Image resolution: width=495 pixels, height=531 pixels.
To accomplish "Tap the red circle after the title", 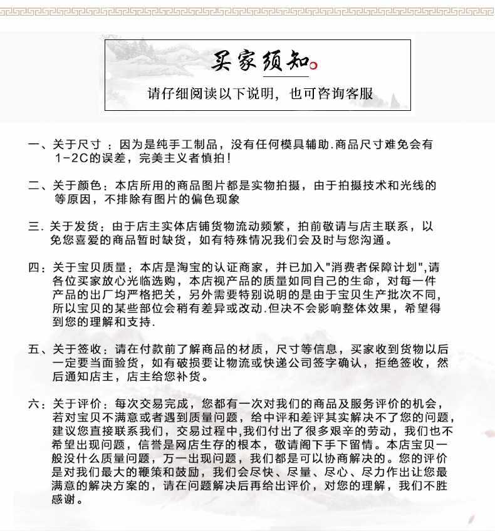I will [314, 64].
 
